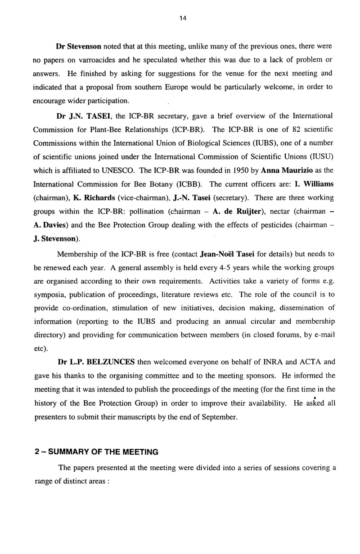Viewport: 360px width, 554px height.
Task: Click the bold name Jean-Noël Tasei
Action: [227, 255]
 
